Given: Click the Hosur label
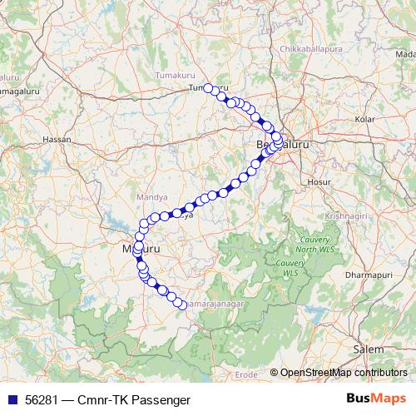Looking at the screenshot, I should (x=319, y=181).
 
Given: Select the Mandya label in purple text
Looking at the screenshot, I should (x=149, y=198).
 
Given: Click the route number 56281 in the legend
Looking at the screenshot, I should (x=39, y=400).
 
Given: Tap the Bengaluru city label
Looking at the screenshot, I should (x=282, y=143).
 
